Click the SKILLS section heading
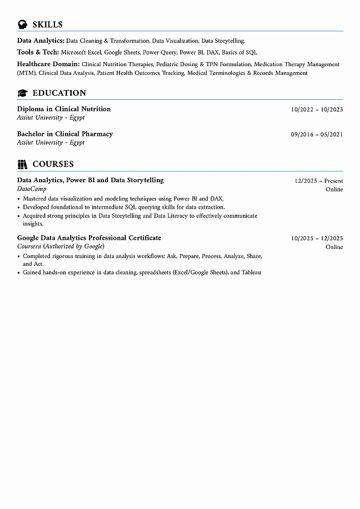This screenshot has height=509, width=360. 47,24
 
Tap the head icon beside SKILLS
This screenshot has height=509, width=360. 22,24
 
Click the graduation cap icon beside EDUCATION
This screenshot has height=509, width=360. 22,93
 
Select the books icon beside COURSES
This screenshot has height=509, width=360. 22,164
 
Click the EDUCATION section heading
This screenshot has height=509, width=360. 59,93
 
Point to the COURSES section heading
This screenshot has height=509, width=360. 53,164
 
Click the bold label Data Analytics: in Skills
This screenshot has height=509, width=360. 41,40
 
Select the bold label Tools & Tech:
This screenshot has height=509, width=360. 38,52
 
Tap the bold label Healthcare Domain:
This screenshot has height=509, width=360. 48,64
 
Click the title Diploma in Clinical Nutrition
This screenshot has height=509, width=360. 64,109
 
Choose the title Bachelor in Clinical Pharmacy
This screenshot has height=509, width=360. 65,134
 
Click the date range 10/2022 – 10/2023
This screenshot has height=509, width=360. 317,109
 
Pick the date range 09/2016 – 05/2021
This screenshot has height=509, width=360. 317,134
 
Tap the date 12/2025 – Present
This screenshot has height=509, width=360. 319,181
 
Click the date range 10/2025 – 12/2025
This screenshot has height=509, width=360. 317,238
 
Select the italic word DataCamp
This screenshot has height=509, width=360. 32,189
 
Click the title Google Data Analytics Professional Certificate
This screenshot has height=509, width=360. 89,238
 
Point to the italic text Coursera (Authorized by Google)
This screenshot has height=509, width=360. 61,246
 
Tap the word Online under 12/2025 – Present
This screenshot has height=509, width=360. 334,189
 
